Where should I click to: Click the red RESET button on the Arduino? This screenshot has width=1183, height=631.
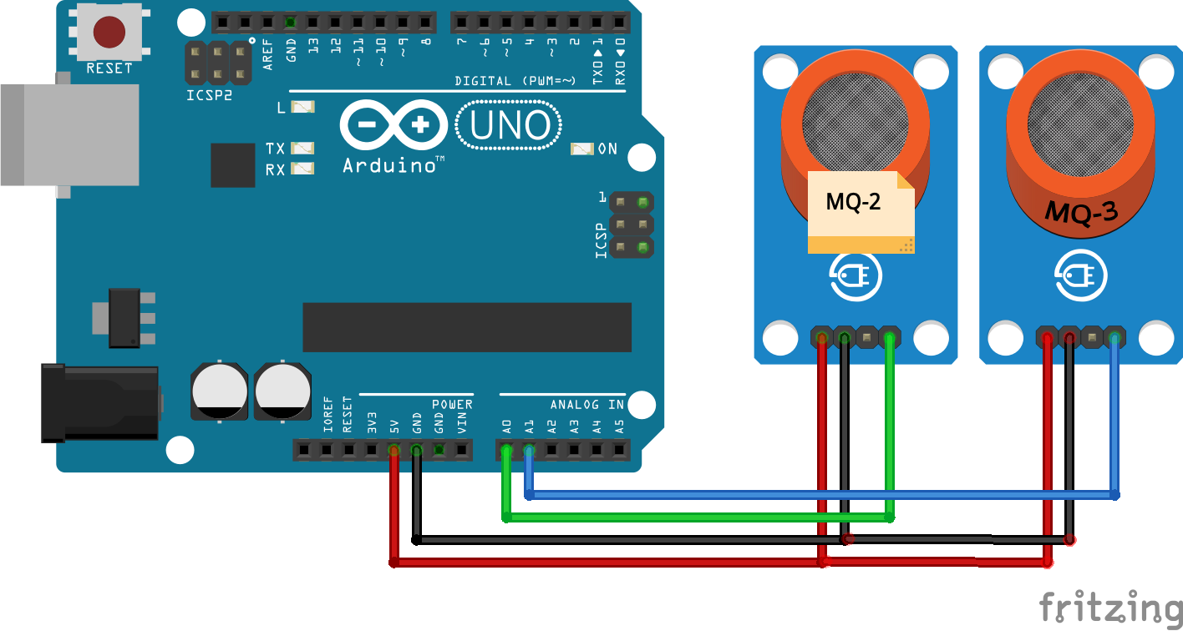click(x=109, y=33)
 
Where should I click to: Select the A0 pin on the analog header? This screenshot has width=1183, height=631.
click(x=506, y=452)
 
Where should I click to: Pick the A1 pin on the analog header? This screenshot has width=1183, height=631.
click(x=529, y=452)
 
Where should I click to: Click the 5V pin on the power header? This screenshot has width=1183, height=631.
click(x=393, y=452)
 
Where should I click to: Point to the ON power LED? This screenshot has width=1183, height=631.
click(x=581, y=149)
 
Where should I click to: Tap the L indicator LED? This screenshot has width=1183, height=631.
click(x=302, y=107)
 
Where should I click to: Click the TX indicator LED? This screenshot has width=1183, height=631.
click(x=302, y=148)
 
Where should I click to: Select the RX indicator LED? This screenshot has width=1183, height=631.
click(x=302, y=169)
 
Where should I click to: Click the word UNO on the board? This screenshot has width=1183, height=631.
click(x=510, y=126)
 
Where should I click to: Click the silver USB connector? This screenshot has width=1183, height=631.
click(x=71, y=134)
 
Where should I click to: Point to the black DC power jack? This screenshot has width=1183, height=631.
click(x=100, y=403)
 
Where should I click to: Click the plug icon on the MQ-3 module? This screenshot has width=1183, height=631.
click(x=1081, y=276)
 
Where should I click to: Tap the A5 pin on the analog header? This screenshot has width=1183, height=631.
click(x=619, y=452)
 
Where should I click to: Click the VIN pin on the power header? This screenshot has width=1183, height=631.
click(x=462, y=452)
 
